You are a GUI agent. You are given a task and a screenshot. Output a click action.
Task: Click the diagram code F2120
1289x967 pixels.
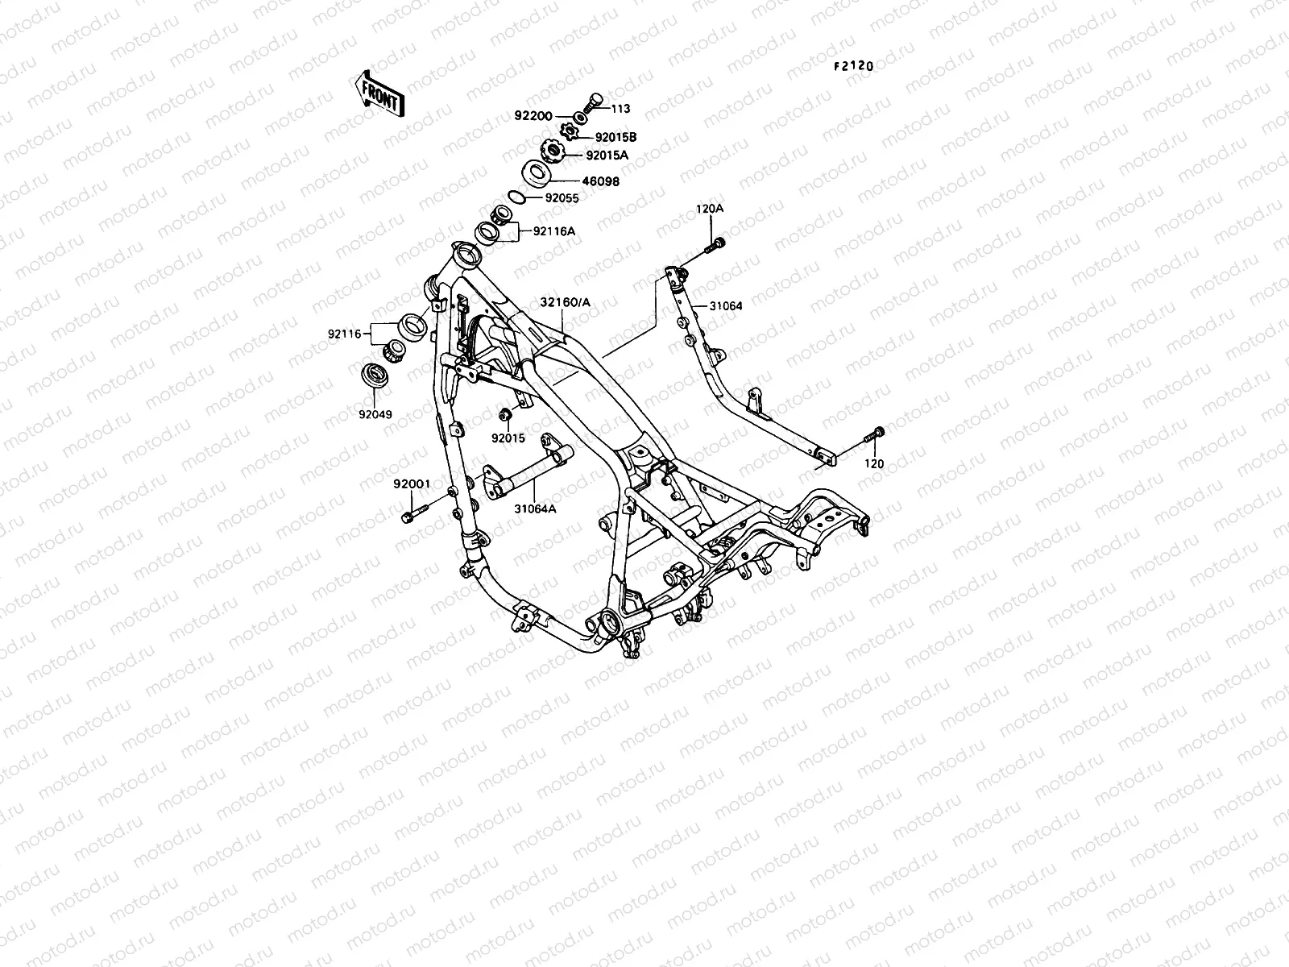coord(852,67)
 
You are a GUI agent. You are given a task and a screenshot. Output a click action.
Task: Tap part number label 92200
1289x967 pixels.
coord(533,116)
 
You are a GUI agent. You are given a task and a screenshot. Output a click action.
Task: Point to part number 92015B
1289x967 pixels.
coord(616,137)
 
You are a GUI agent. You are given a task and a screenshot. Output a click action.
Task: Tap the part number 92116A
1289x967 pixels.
coord(553,232)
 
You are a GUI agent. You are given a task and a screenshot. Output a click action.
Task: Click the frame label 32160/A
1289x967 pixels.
coord(565,302)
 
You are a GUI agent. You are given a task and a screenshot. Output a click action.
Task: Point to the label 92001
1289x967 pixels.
coord(412,484)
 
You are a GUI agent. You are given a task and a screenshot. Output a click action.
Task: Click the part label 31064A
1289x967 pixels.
coord(536,508)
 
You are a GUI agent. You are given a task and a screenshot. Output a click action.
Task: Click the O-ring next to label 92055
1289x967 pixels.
coord(518,197)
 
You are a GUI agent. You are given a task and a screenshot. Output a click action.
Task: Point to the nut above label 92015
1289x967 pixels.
coord(505,415)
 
